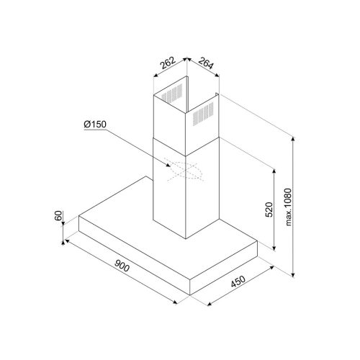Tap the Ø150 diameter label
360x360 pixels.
[x=95, y=127]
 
